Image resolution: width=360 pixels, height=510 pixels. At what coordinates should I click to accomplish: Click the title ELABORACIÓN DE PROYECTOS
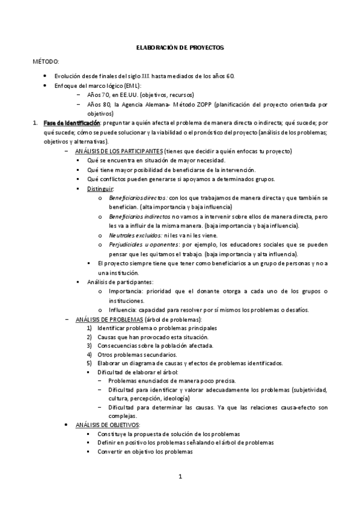tap(180, 47)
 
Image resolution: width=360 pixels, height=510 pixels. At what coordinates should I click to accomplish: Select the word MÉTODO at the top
tap(46, 62)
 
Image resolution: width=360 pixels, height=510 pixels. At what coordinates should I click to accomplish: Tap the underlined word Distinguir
tap(100, 188)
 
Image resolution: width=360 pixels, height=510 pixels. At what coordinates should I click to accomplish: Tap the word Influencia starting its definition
tap(123, 310)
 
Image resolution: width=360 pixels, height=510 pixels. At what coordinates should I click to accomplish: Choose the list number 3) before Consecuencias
tap(89, 346)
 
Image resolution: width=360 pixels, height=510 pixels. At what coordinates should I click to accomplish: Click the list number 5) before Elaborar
tap(89, 363)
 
